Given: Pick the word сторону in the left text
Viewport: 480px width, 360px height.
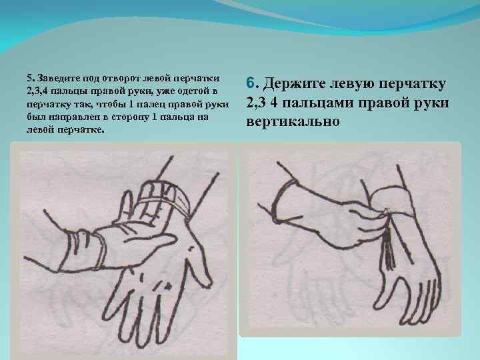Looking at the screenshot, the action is coord(130,117).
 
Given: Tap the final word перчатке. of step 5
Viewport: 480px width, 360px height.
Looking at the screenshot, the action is coord(83,130).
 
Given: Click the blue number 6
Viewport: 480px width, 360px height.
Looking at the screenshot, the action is coord(251,83).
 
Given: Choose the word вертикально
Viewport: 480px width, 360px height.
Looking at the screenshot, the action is coord(293,122).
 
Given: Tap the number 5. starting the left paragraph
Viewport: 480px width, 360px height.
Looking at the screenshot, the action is coord(30,79).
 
